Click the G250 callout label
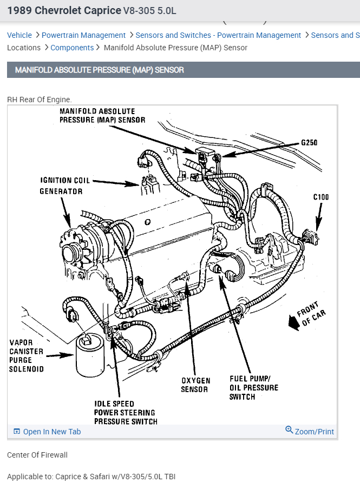pyautogui.click(x=309, y=143)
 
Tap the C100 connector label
pyautogui.click(x=320, y=197)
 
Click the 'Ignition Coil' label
pyautogui.click(x=65, y=181)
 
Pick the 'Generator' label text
pyautogui.click(x=61, y=191)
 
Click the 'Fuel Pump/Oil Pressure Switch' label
pyautogui.click(x=253, y=388)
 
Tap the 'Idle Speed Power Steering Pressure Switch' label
pyautogui.click(x=126, y=412)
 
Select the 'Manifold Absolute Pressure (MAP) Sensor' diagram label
pyautogui.click(x=102, y=116)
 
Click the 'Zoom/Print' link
pyautogui.click(x=310, y=431)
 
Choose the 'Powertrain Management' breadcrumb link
pyautogui.click(x=83, y=35)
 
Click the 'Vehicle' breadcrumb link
pyautogui.click(x=19, y=35)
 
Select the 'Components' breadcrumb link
pyautogui.click(x=72, y=48)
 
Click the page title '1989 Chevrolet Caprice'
pyautogui.click(x=64, y=10)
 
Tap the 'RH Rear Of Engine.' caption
pyautogui.click(x=39, y=100)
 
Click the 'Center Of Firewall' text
pyautogui.click(x=37, y=455)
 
